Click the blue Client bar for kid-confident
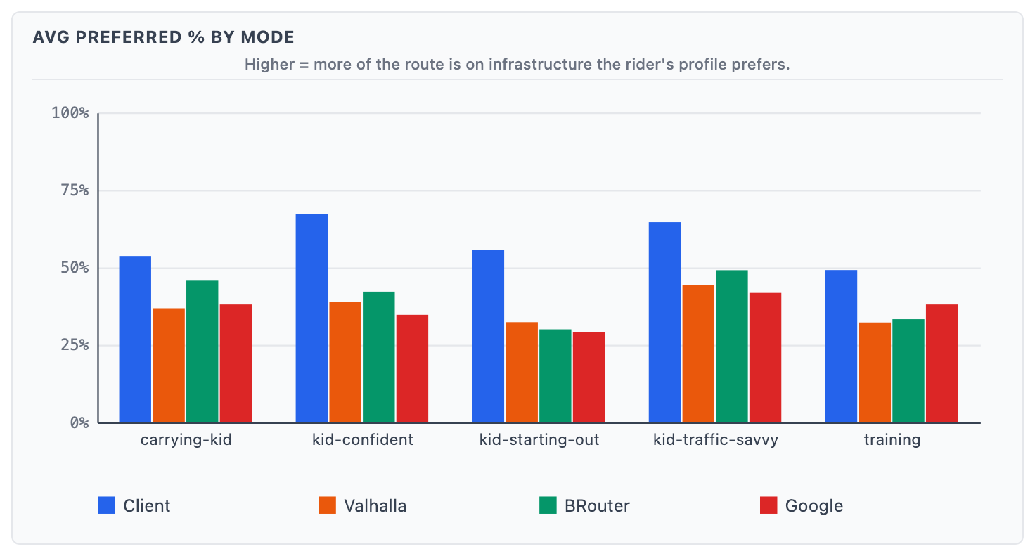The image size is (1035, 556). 311,318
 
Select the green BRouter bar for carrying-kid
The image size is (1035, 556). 202,351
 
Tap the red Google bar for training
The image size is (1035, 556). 941,363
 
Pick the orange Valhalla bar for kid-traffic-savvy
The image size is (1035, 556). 698,354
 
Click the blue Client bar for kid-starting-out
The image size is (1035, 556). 488,336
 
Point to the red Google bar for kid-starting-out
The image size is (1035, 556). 589,377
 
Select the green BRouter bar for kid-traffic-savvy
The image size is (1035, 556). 732,347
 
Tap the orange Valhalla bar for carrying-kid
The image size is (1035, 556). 169,366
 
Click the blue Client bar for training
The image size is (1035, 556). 841,347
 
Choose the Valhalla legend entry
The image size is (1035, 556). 362,505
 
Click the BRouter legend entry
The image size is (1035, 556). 584,505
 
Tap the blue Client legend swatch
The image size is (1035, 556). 106,505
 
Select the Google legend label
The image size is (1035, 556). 814,505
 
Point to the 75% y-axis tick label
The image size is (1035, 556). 70,190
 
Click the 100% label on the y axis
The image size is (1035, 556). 70,113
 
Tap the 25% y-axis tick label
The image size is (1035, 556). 70,345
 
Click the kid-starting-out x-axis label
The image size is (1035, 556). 539,441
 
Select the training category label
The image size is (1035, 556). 892,441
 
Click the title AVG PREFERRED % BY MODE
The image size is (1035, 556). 163,37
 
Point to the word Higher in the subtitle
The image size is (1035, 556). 266,65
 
